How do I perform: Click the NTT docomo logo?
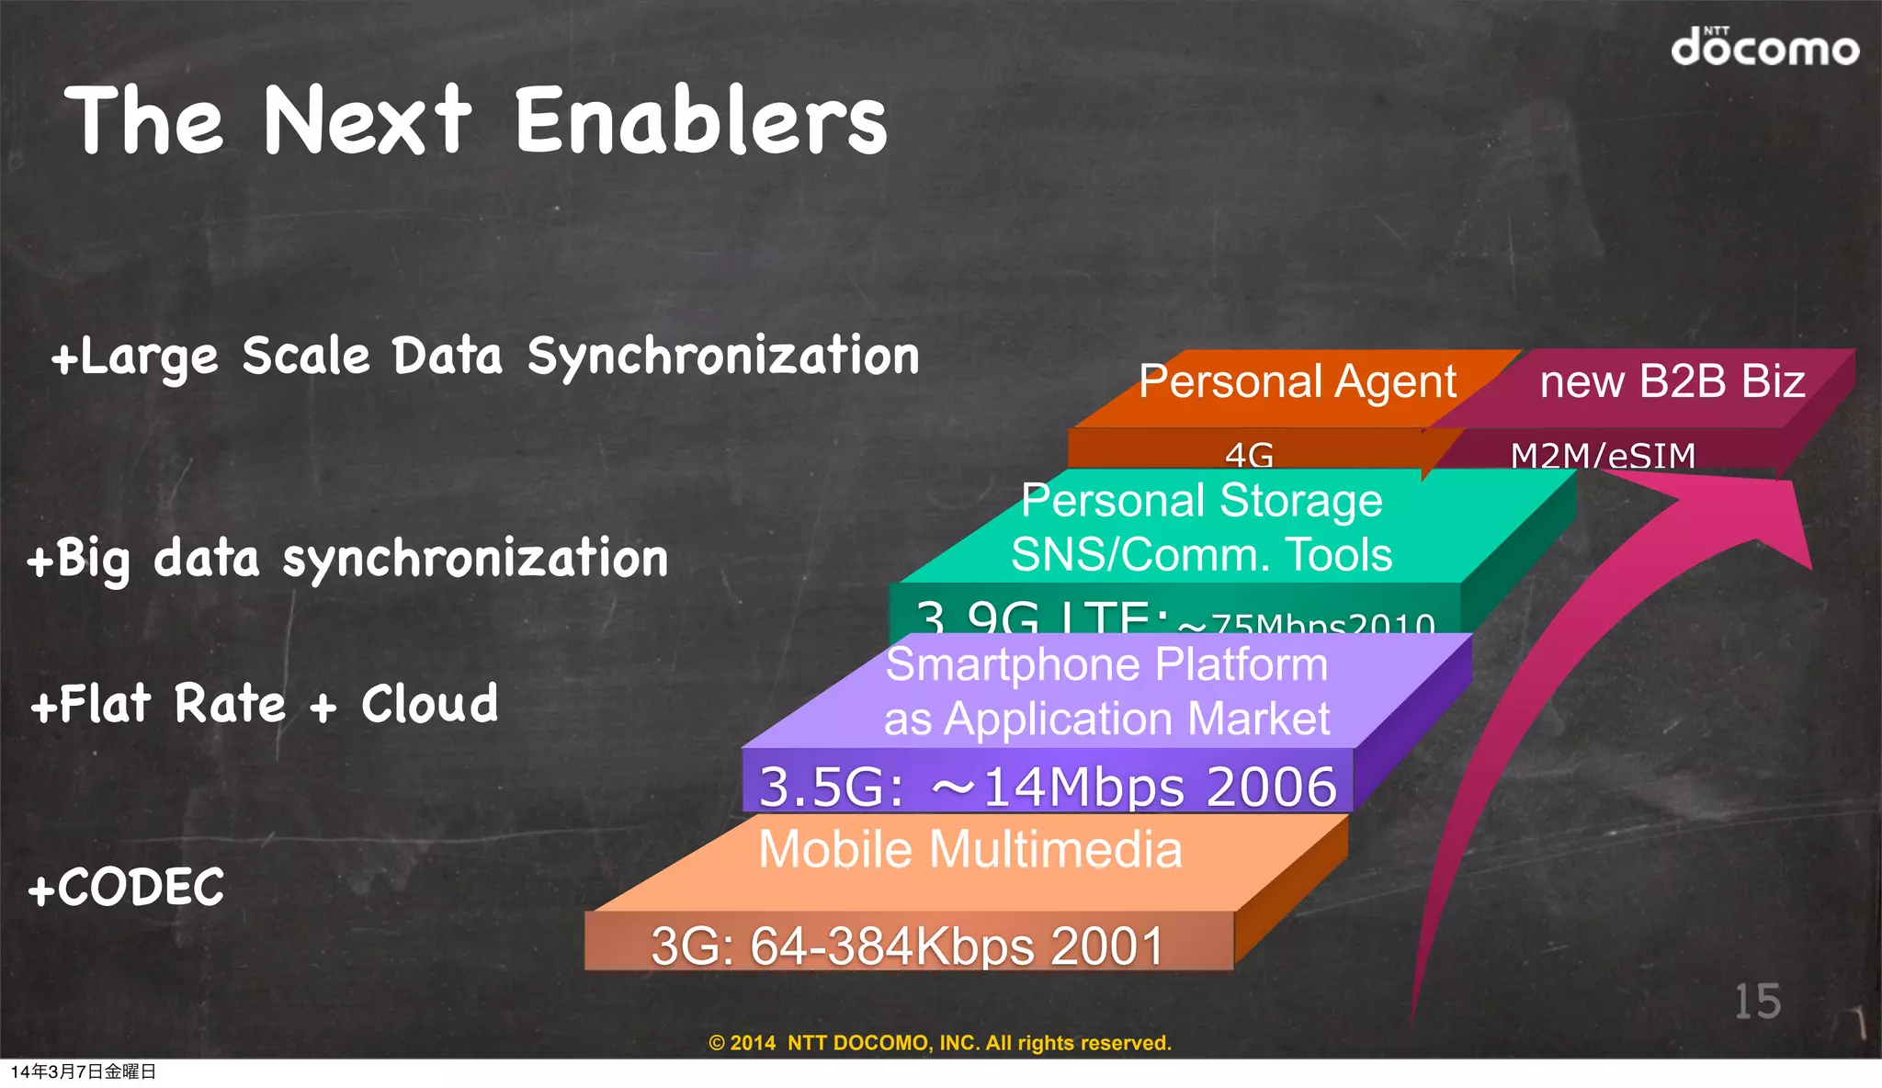(x=1763, y=47)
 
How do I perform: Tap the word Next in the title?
(x=367, y=119)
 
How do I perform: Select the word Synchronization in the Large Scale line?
(x=722, y=357)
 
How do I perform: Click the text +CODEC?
(x=127, y=888)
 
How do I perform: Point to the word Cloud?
(x=429, y=704)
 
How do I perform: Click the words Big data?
(x=143, y=559)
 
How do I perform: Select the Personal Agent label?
(x=1297, y=381)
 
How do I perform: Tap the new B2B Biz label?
(x=1672, y=381)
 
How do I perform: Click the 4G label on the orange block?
(x=1249, y=454)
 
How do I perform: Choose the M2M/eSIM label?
(x=1603, y=455)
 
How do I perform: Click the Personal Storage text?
(x=1201, y=501)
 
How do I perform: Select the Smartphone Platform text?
(x=1106, y=664)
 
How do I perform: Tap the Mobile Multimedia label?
(x=969, y=848)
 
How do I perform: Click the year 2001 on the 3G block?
(x=1107, y=946)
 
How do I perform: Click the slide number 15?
(x=1756, y=1002)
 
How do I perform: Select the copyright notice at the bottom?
(x=940, y=1043)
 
